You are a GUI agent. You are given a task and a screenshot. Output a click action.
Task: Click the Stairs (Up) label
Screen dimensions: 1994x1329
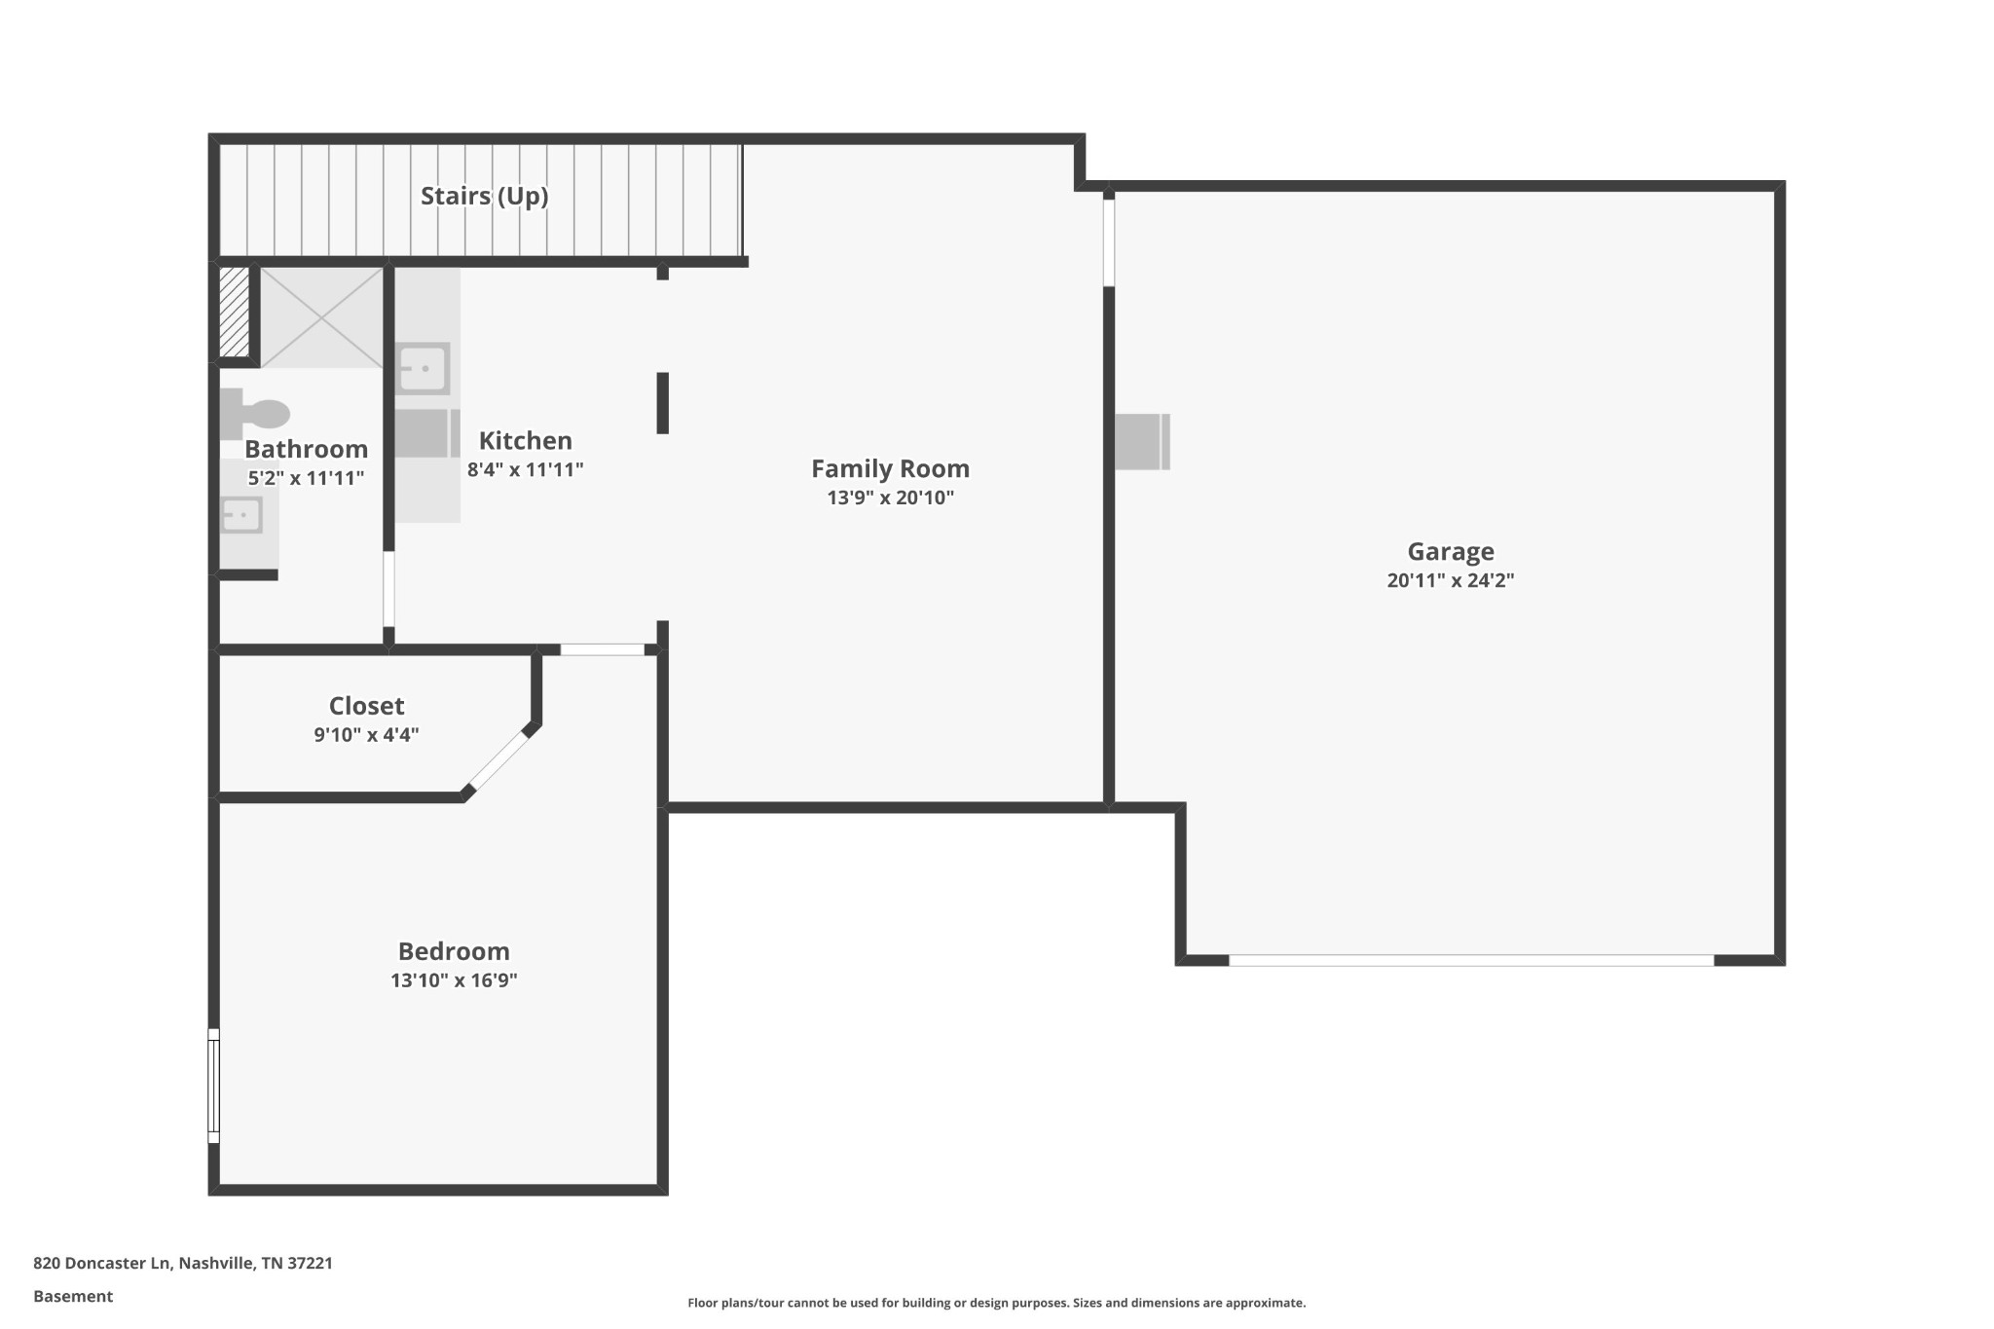(484, 196)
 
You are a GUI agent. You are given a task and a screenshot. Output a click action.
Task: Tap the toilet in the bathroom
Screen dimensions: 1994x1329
(254, 414)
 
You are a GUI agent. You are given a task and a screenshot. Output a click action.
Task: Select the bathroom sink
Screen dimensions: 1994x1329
(240, 515)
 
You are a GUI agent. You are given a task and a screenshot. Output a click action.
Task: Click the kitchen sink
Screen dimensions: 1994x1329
(424, 368)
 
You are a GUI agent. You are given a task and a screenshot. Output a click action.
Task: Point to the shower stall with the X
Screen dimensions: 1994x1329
(321, 317)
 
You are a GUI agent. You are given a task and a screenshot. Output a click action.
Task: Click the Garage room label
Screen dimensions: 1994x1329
(1451, 552)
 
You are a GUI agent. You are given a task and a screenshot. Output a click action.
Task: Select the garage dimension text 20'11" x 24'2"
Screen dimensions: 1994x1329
(1451, 581)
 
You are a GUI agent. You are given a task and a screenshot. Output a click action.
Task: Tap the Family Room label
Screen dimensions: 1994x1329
(891, 468)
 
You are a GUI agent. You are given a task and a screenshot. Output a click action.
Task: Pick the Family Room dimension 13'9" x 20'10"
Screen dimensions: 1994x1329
(891, 498)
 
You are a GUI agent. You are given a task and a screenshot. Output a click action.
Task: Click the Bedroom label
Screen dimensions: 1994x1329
(454, 951)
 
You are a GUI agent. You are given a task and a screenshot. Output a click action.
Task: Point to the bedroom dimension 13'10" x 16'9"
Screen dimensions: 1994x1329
(454, 980)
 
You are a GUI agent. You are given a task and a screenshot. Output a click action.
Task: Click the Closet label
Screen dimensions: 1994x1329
(366, 706)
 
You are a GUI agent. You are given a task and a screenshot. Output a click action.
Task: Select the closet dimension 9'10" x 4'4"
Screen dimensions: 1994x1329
(366, 735)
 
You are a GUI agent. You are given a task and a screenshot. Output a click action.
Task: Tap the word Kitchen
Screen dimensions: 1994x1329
(525, 440)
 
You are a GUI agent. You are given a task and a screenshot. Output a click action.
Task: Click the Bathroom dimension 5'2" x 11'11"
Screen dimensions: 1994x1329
(306, 478)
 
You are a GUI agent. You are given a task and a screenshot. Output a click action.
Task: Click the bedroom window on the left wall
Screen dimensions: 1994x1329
(214, 1086)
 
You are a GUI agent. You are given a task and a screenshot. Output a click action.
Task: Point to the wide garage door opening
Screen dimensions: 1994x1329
(1471, 960)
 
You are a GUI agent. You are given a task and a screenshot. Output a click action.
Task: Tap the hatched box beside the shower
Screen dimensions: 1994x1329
(234, 313)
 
